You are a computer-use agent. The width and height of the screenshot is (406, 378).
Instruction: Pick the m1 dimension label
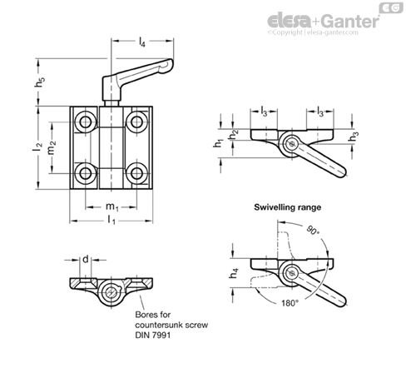point(110,205)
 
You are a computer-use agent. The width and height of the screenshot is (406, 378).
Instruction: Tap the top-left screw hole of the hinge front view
point(85,123)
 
